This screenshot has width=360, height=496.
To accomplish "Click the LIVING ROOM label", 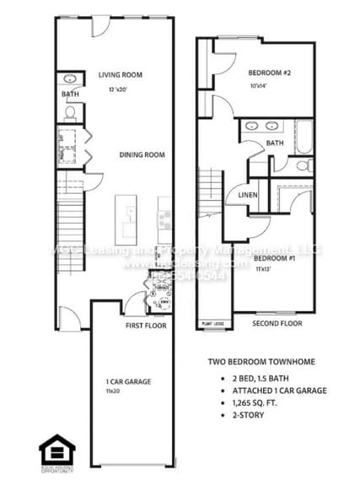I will click(x=119, y=74).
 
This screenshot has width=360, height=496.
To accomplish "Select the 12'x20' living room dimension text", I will click(x=119, y=89).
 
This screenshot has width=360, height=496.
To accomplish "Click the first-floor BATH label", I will click(x=70, y=94).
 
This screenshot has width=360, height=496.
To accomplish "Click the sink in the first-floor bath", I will click(x=71, y=80).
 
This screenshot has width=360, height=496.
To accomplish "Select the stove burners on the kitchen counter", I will click(x=164, y=222).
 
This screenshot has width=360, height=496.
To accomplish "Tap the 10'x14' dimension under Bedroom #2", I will click(x=263, y=86).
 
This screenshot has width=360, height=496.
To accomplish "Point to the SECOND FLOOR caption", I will click(x=277, y=322).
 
